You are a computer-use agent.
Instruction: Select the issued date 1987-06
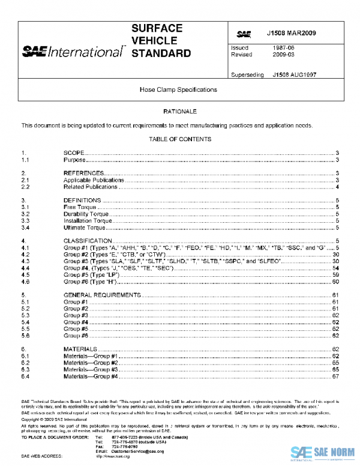point(279,47)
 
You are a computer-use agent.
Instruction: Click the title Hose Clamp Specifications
point(179,89)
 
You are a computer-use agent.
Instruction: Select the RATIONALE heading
point(179,112)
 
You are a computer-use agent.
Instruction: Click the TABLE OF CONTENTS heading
point(179,139)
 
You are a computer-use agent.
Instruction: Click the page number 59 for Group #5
point(337,274)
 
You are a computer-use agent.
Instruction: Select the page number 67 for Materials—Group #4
point(337,377)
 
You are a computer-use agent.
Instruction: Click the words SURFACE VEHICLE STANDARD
point(161,41)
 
